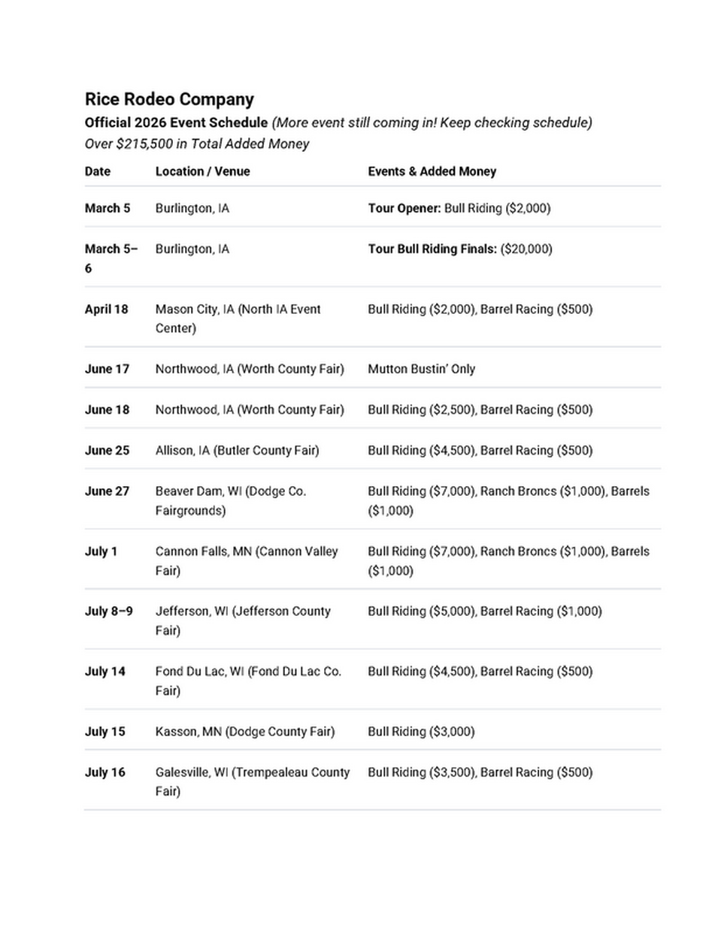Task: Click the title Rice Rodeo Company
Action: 169,99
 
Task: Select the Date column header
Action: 98,171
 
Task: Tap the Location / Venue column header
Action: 202,171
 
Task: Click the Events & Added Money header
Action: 432,171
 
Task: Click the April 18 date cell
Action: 106,309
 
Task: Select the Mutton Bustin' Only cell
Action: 421,369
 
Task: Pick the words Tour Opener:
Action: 404,208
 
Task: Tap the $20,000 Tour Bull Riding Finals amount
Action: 526,249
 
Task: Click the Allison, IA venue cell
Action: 237,450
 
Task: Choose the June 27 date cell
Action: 107,491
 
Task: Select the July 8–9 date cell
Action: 108,611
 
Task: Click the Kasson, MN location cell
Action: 245,731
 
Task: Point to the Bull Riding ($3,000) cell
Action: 421,731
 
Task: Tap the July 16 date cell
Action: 105,771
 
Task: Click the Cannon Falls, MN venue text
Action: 247,551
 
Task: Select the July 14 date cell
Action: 105,671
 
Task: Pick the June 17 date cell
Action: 107,369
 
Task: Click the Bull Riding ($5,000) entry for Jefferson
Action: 422,611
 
